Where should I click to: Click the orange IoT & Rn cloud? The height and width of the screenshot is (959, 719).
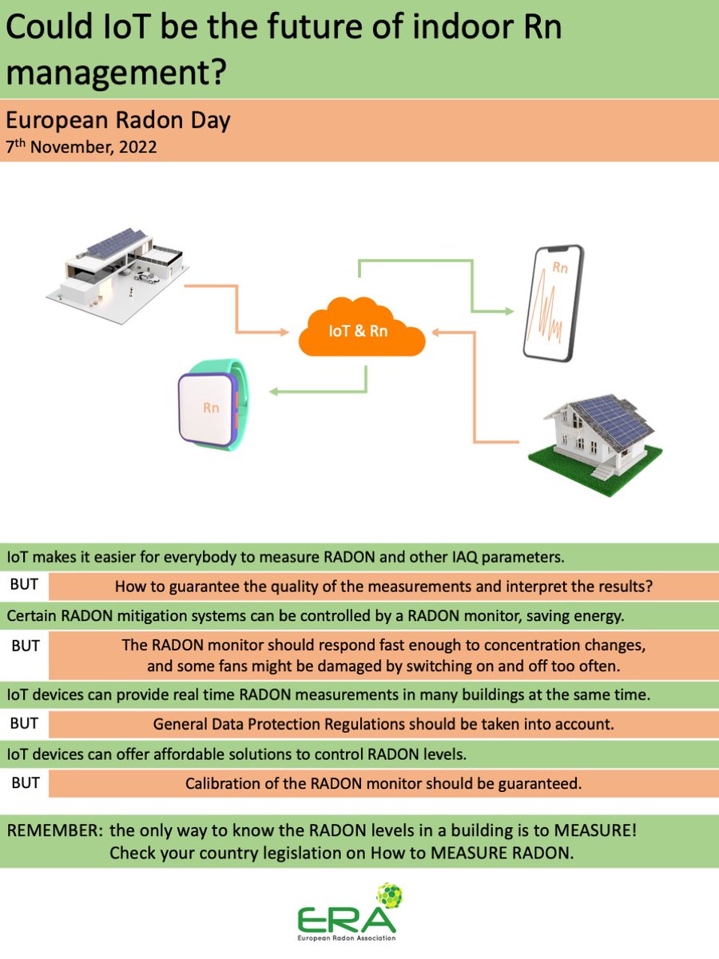point(361,329)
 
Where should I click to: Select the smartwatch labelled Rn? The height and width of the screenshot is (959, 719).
point(211,405)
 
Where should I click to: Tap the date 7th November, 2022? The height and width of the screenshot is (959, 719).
point(81,147)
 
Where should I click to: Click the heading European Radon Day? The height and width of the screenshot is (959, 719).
point(118,121)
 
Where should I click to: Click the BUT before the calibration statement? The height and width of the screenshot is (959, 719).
point(26,783)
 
